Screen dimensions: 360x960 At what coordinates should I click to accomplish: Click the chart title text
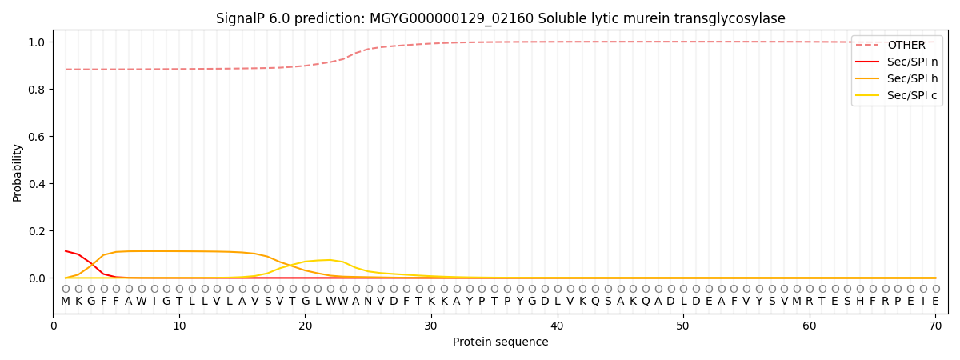pos(501,18)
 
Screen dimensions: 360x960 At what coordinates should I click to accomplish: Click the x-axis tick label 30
pos(430,326)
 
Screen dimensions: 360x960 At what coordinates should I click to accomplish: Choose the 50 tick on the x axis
pos(682,326)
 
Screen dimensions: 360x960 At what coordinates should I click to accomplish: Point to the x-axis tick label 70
pos(935,326)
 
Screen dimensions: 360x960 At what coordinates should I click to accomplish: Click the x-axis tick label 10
pos(179,326)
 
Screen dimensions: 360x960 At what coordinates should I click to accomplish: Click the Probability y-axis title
pos(18,173)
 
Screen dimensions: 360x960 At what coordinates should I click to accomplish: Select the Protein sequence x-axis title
pos(501,342)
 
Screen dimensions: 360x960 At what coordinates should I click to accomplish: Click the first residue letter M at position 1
pos(66,302)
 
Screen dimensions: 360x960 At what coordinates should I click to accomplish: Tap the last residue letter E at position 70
pos(935,302)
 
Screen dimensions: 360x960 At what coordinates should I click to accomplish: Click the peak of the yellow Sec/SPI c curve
pos(330,259)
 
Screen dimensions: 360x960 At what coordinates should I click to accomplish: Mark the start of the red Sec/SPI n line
pos(66,251)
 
